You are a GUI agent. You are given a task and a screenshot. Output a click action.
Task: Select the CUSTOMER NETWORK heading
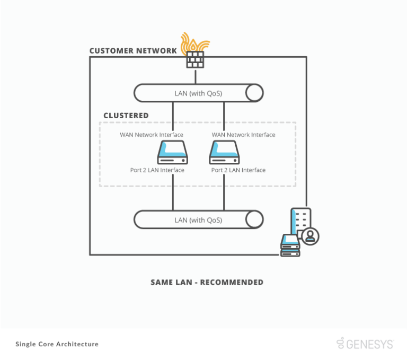133,51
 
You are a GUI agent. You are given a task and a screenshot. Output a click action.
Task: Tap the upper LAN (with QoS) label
198,93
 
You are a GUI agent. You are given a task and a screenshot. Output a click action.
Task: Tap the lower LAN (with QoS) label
198,219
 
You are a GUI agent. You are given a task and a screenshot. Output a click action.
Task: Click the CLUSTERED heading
126,116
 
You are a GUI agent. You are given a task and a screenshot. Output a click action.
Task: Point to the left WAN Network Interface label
151,135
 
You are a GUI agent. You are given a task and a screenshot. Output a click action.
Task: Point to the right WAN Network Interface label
243,135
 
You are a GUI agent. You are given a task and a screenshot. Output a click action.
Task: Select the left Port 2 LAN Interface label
157,170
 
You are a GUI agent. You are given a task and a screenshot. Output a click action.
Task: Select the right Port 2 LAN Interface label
238,170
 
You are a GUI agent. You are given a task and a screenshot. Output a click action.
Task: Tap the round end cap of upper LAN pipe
254,93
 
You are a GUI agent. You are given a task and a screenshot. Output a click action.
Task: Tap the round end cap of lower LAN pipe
254,219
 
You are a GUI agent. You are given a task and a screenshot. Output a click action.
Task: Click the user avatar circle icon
310,236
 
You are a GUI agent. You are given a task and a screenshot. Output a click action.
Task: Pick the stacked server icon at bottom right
290,245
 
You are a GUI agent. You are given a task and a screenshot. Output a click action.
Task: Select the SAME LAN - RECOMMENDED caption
207,282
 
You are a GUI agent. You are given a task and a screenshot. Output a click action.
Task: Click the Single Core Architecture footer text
57,344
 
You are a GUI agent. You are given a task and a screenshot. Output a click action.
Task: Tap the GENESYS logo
365,344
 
